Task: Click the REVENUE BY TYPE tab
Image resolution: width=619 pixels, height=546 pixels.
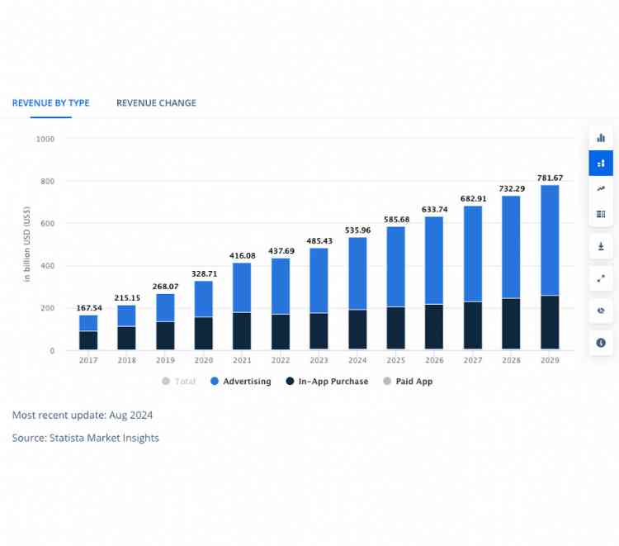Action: [x=50, y=103]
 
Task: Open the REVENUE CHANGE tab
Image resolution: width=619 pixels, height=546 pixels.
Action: [x=156, y=103]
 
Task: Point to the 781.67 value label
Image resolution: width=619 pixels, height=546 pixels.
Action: [x=550, y=178]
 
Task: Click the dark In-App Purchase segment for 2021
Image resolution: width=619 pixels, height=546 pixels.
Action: [x=242, y=330]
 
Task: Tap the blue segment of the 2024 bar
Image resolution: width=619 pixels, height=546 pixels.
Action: [x=358, y=273]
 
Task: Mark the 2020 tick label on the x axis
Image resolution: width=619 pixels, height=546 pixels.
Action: [x=203, y=361]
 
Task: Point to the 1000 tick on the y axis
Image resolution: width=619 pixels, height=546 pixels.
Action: [x=45, y=139]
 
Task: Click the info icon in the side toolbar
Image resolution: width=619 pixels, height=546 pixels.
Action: [x=601, y=342]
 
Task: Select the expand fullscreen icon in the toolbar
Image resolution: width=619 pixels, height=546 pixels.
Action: [x=601, y=279]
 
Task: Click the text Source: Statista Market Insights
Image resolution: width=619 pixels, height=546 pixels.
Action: [x=86, y=438]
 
